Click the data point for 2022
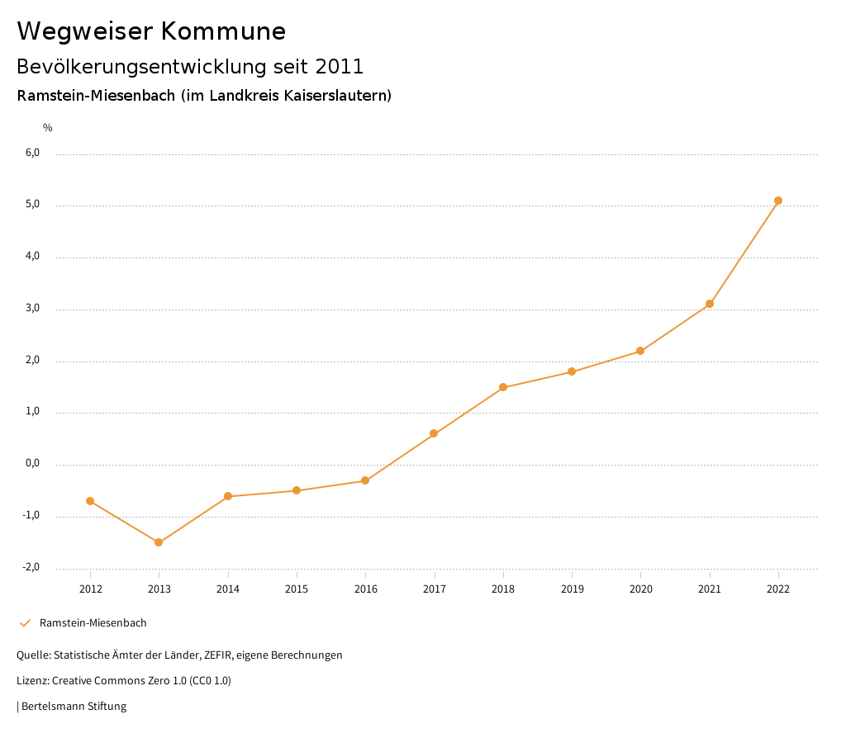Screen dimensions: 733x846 coord(778,201)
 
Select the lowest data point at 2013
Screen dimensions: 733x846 coord(159,542)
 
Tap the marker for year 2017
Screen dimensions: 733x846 coord(434,433)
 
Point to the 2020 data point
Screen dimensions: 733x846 coord(640,351)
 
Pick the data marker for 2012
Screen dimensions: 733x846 coord(90,501)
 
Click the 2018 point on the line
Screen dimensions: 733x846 coord(503,387)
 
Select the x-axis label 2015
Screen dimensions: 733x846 coord(297,589)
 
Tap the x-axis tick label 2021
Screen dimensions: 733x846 coord(710,589)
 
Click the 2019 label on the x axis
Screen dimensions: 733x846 coord(572,589)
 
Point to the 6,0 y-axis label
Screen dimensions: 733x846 coord(32,154)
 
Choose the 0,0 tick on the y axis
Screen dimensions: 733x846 coord(32,464)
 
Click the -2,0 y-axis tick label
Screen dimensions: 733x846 coord(31,568)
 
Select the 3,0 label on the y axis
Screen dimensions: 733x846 coord(32,309)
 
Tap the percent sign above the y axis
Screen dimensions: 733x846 coord(48,127)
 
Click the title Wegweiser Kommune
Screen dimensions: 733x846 coord(151,31)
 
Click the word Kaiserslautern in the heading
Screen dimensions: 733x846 coord(335,95)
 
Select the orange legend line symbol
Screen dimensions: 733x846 coord(25,623)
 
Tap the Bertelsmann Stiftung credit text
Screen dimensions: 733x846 coord(74,707)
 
